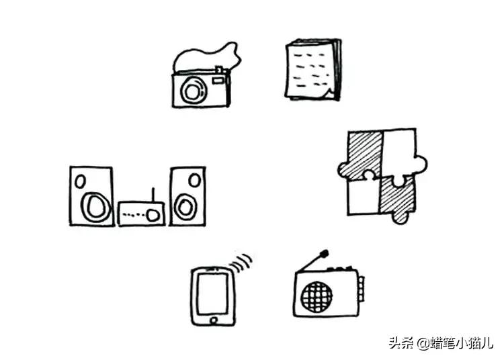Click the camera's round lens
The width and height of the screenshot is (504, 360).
[x=193, y=91]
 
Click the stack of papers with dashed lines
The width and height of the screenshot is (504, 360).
[x=313, y=69]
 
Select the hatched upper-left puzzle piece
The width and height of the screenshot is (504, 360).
[x=364, y=154]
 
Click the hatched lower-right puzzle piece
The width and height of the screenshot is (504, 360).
[x=397, y=199]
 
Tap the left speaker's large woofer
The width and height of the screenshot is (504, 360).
[x=95, y=207]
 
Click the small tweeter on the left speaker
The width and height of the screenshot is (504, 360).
[x=80, y=181]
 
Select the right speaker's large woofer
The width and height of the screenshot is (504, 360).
[x=185, y=207]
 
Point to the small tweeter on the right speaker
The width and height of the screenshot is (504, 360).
[x=194, y=180]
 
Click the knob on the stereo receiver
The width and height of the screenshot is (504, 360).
[x=153, y=215]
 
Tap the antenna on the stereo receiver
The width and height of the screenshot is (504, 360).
[x=153, y=195]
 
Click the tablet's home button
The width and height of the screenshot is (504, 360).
[x=214, y=320]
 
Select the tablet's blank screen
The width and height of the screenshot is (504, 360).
[x=213, y=294]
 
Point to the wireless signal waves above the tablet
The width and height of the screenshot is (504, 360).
[x=241, y=263]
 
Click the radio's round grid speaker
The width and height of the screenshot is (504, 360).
[x=317, y=297]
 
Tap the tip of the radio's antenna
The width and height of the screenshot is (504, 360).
[x=325, y=253]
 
